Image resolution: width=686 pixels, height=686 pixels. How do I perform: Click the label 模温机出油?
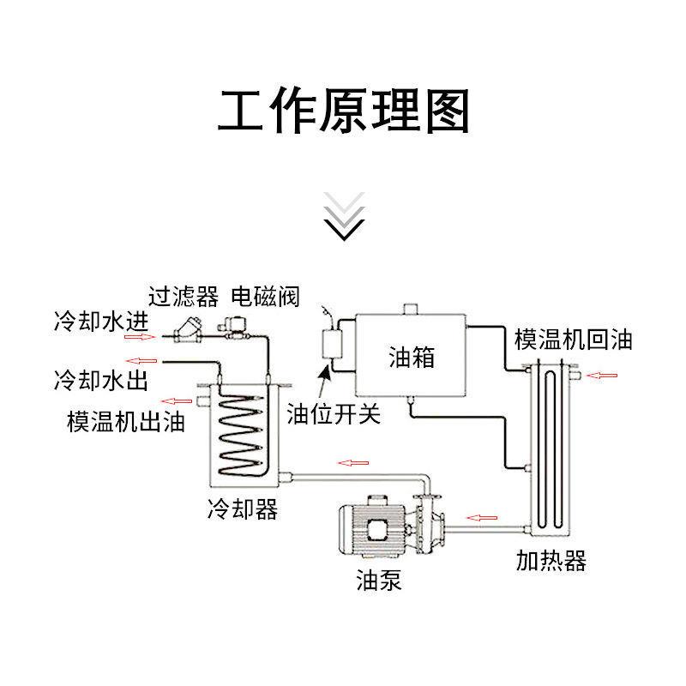126,422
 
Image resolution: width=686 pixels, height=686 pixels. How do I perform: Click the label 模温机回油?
573,339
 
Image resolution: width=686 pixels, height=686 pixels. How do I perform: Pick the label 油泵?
378,581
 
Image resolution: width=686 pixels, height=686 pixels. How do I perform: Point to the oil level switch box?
328,348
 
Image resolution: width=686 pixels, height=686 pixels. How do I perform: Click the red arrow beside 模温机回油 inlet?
602,375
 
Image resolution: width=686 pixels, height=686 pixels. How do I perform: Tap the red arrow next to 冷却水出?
138,360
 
